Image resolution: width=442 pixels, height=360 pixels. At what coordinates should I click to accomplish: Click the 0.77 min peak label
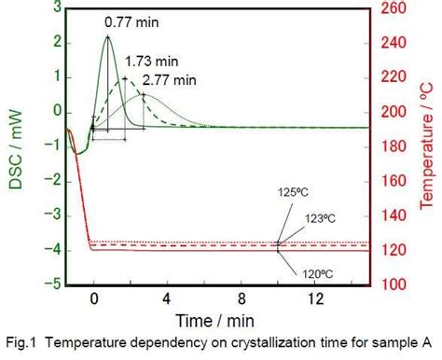click(125, 19)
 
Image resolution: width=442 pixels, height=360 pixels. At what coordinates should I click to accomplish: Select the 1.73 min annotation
click(146, 59)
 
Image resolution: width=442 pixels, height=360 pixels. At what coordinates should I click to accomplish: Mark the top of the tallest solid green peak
click(107, 36)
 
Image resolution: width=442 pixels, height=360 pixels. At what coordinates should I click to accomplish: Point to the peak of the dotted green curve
click(143, 94)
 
